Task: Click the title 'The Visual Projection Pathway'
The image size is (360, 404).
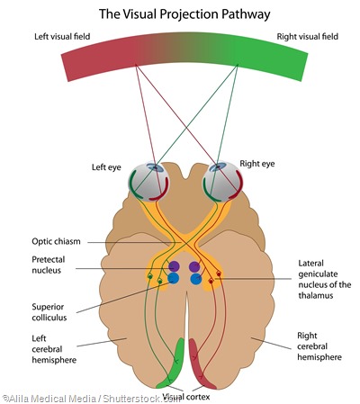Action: tap(179, 13)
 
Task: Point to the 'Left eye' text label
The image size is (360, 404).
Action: tap(111, 167)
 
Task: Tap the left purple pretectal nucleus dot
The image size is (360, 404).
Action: tap(173, 267)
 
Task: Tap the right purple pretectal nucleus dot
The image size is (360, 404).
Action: tap(195, 267)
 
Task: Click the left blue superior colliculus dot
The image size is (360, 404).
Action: tap(173, 279)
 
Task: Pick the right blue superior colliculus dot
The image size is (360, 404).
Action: tap(195, 279)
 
